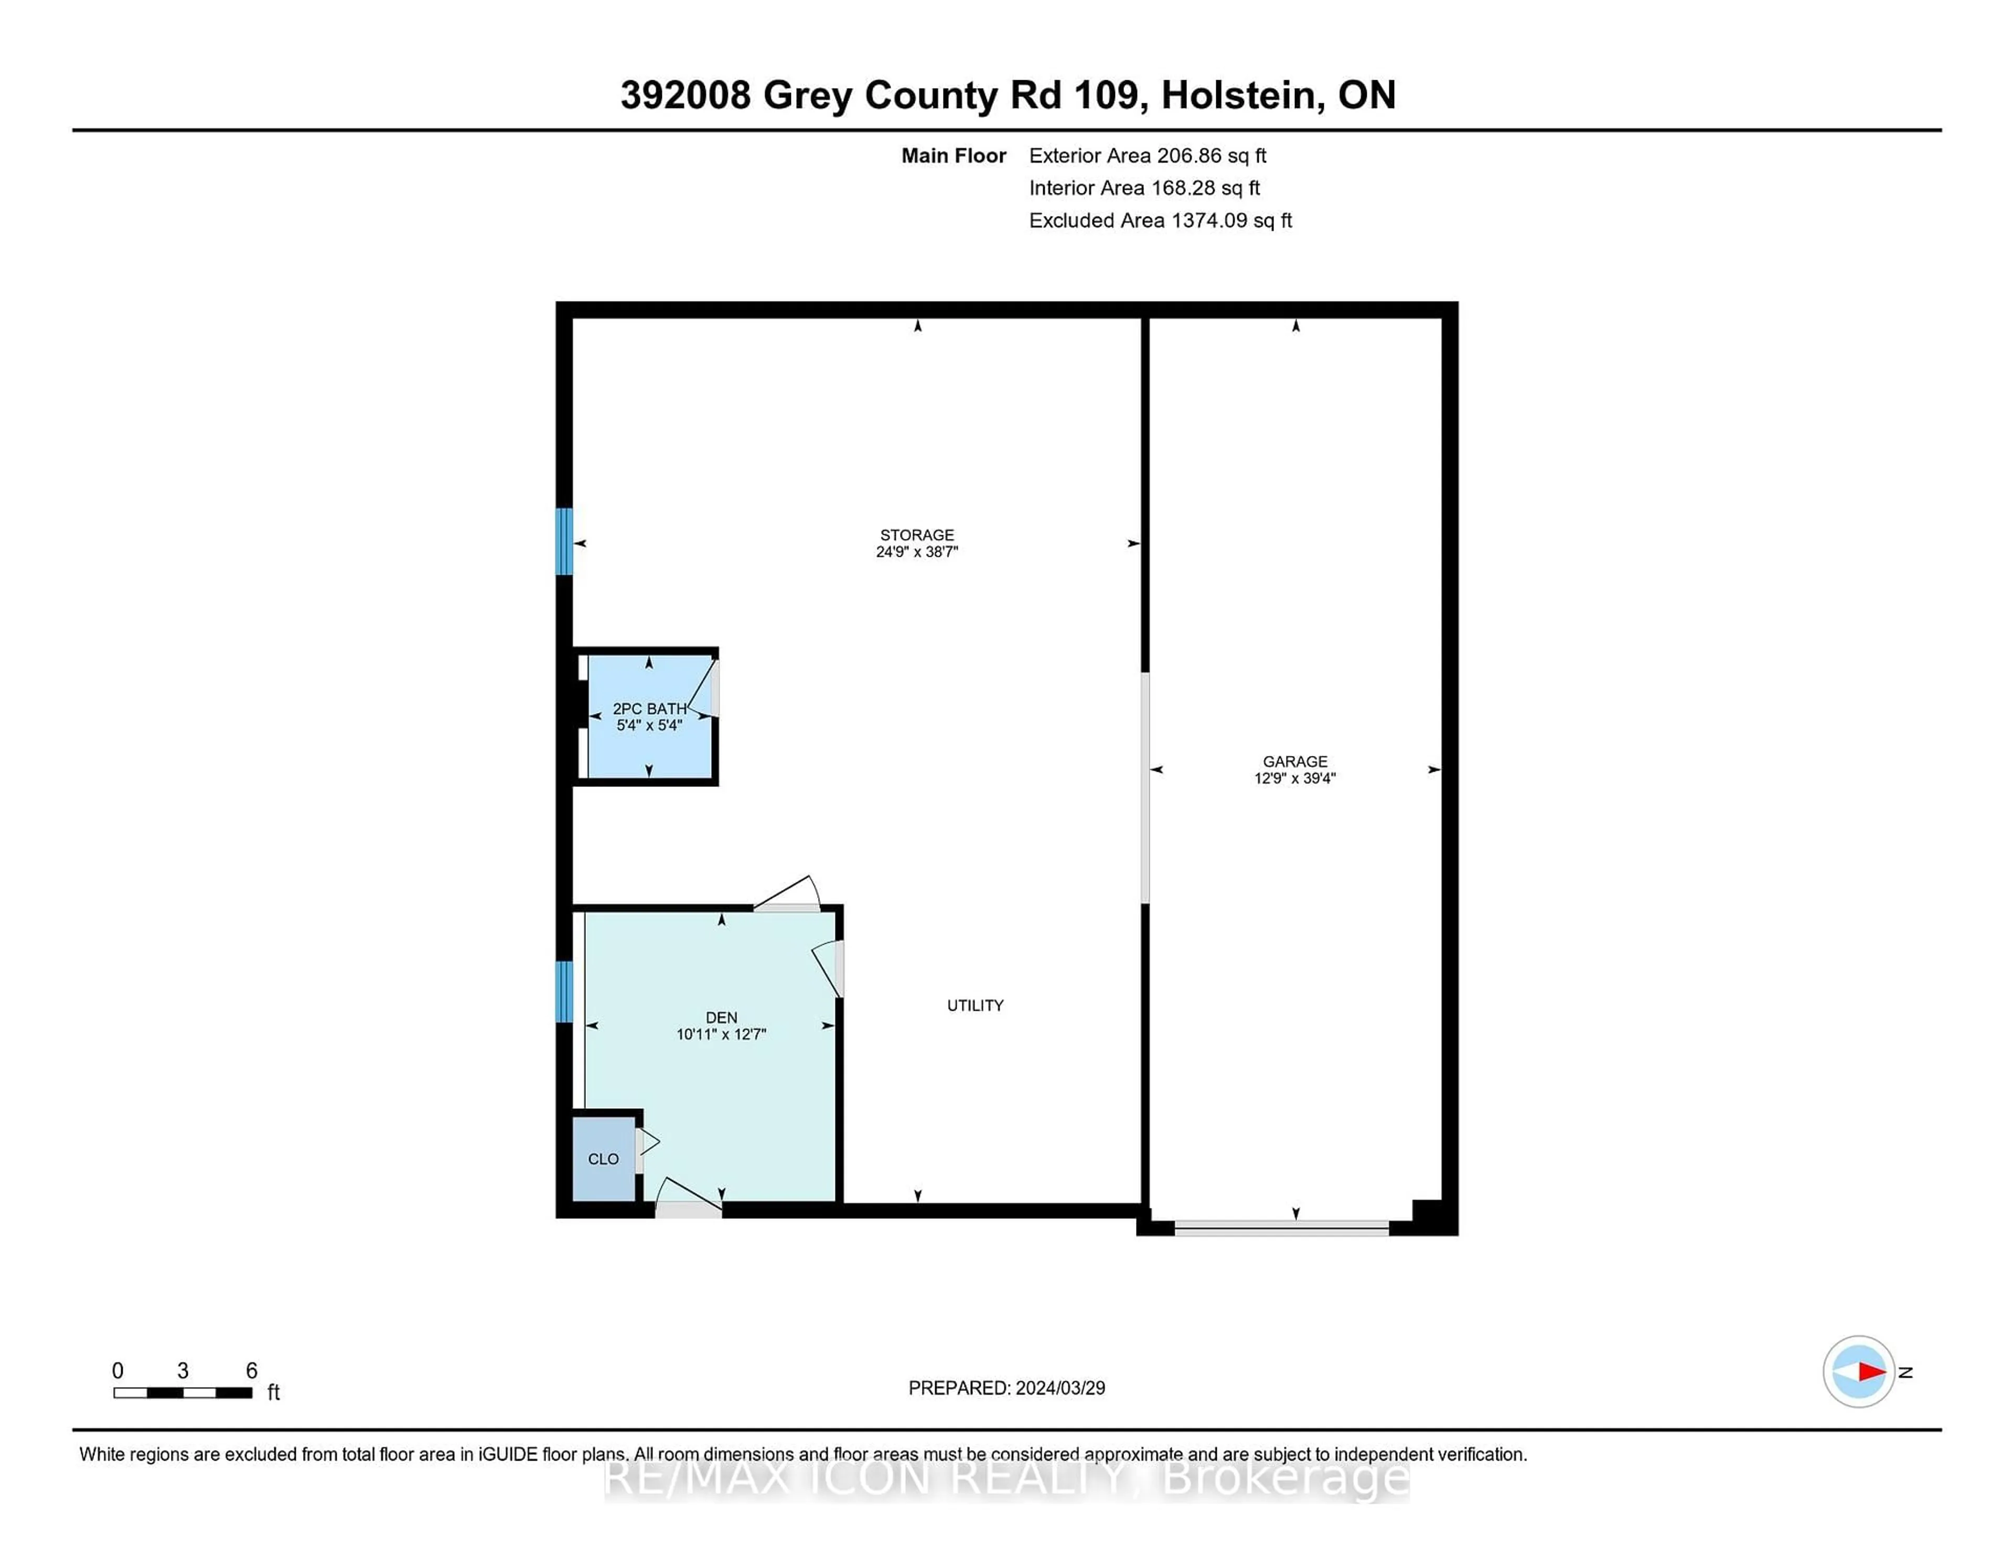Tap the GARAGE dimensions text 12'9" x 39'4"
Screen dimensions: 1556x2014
(1295, 778)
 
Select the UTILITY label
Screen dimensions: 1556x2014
(974, 1006)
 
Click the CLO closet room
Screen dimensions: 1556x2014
(603, 1159)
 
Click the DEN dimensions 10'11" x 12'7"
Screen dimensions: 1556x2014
(721, 1034)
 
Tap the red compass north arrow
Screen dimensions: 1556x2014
(1871, 1371)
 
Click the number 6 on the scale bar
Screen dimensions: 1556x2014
(251, 1371)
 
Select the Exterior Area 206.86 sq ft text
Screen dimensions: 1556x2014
(1147, 156)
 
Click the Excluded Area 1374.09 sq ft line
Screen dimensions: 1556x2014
(1160, 220)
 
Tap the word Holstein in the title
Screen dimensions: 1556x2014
(1238, 95)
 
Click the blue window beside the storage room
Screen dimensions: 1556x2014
(563, 542)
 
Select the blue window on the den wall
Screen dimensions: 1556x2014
(563, 992)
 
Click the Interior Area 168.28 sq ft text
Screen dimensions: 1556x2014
(1143, 188)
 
